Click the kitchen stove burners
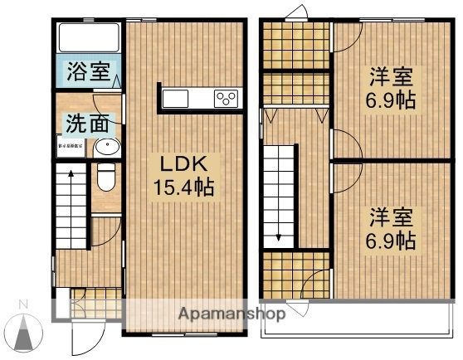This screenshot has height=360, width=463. [x=226, y=99]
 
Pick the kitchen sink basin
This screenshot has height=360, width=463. [x=176, y=99]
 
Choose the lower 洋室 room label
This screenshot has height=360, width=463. [x=392, y=218]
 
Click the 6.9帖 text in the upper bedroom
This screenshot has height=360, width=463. [x=392, y=103]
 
